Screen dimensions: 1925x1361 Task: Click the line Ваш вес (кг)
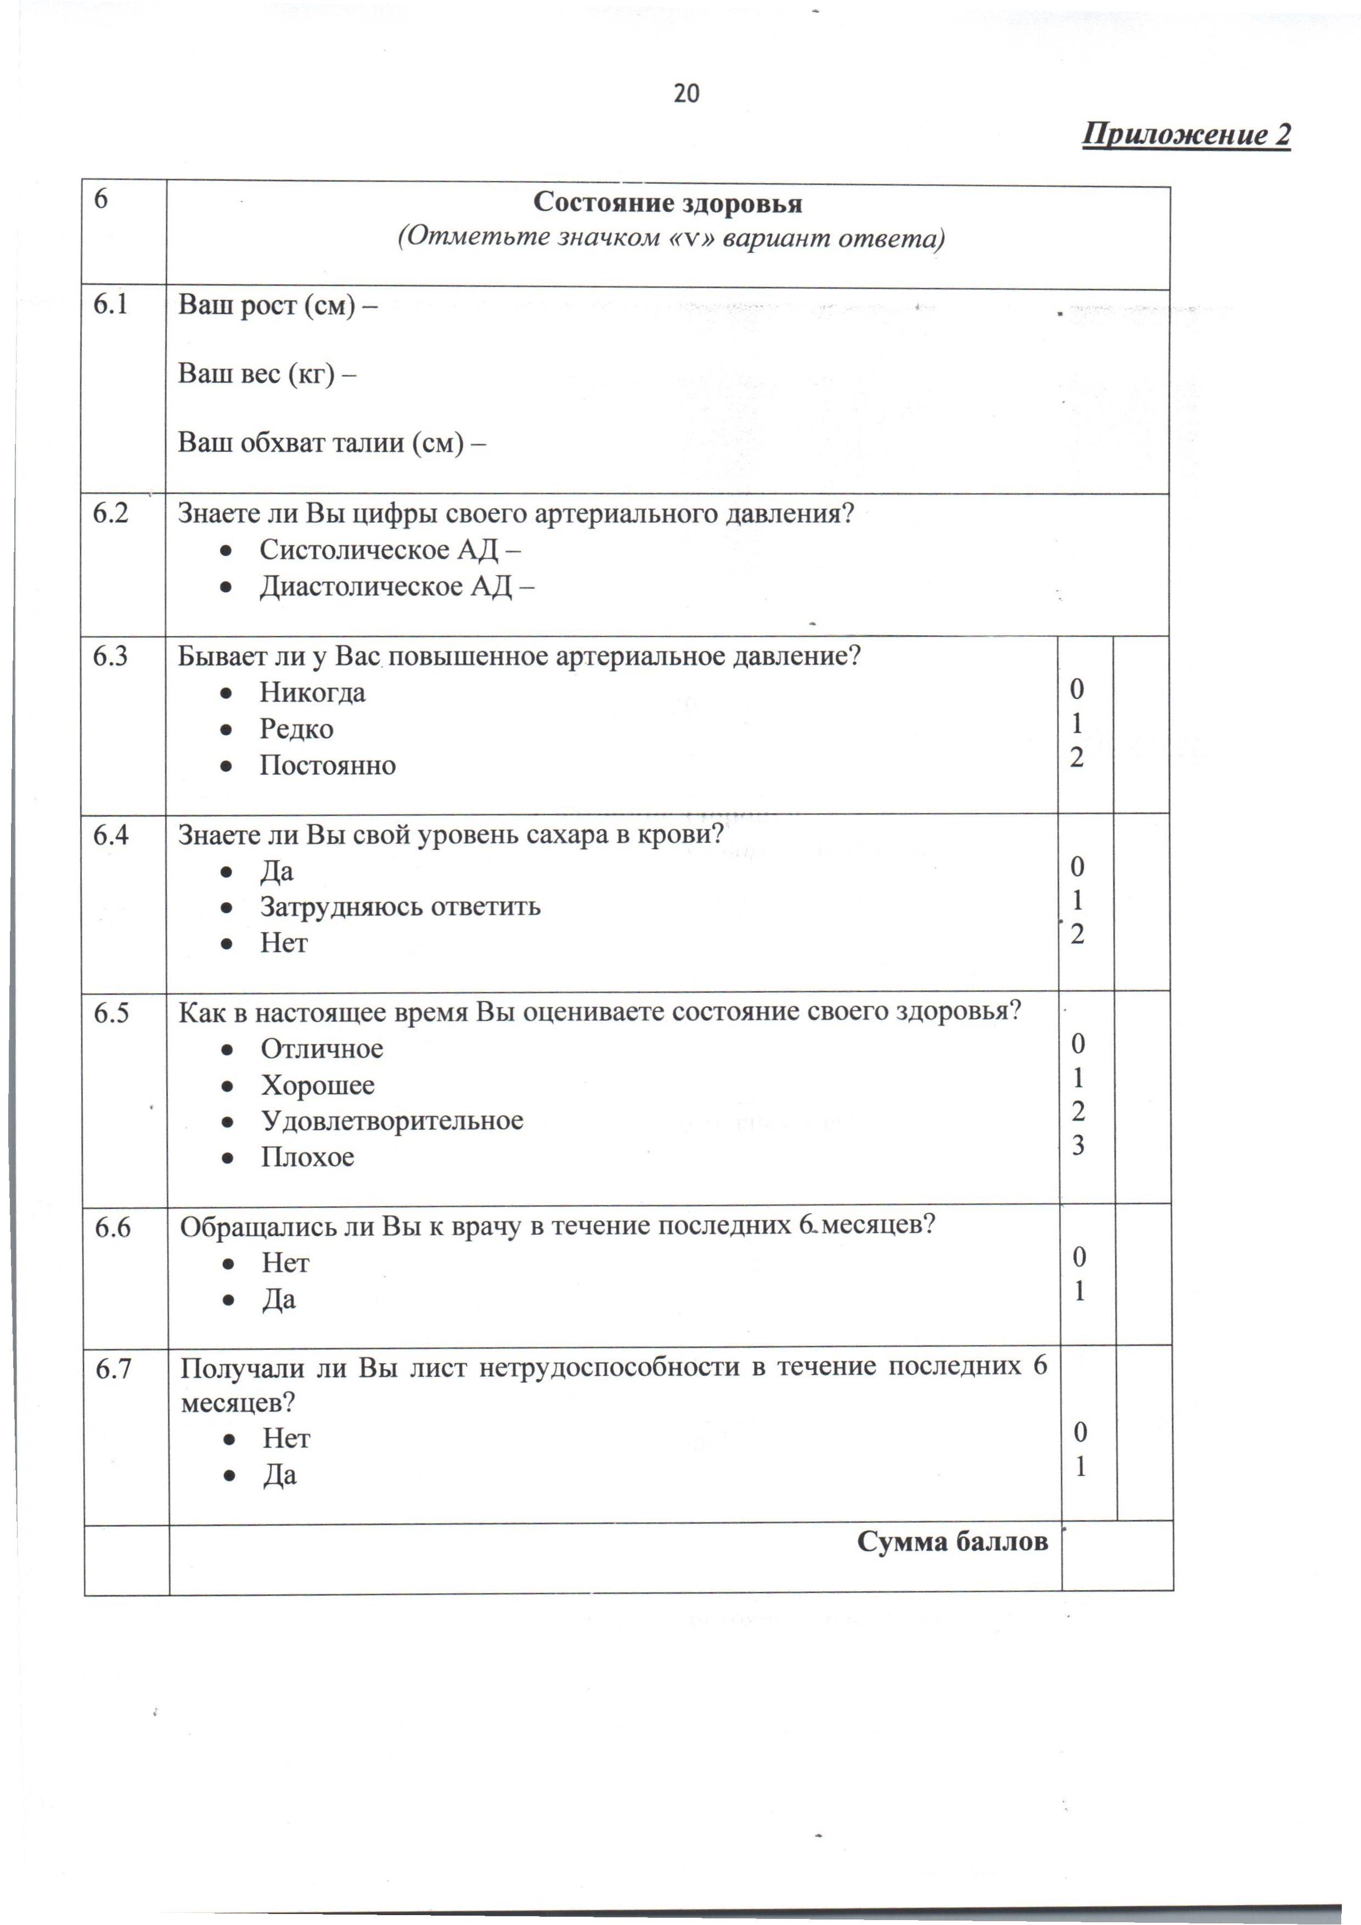tap(267, 374)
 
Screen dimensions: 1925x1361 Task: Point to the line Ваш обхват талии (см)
tap(331, 443)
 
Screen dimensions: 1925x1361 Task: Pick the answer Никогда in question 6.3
tap(312, 693)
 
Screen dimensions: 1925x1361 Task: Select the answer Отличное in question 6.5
tap(321, 1049)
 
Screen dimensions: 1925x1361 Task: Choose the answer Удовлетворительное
tap(392, 1121)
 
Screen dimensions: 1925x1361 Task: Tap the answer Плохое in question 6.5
tap(307, 1157)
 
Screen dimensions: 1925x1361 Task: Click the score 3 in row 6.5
tap(1078, 1145)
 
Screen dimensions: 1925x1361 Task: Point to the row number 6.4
tap(111, 835)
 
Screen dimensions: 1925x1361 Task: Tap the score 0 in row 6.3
tap(1077, 689)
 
